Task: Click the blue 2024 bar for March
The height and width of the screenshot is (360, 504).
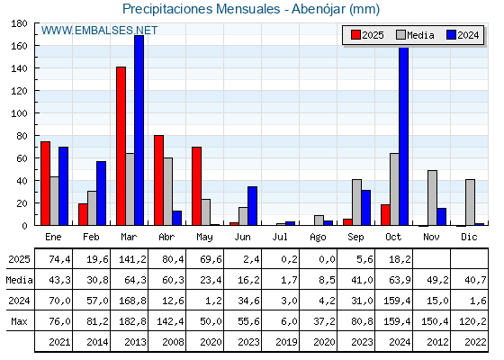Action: (x=139, y=130)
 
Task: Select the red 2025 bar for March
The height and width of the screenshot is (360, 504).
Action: (x=121, y=146)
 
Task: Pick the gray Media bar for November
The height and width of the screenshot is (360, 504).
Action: (x=432, y=198)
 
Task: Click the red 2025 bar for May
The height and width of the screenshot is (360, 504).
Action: (x=196, y=185)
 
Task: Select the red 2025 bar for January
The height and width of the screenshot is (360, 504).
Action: (x=45, y=184)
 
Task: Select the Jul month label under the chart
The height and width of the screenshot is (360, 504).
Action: (x=281, y=236)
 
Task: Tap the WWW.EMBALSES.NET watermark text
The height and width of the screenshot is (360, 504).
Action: (x=99, y=31)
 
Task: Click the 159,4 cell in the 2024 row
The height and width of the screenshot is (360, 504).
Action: (x=394, y=300)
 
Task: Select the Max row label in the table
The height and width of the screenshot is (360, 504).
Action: (x=18, y=321)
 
